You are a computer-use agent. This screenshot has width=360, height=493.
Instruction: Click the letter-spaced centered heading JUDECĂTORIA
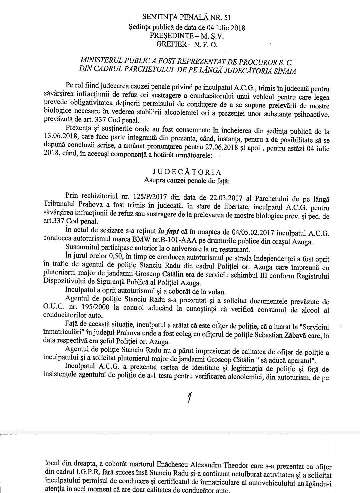tap(187, 172)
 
